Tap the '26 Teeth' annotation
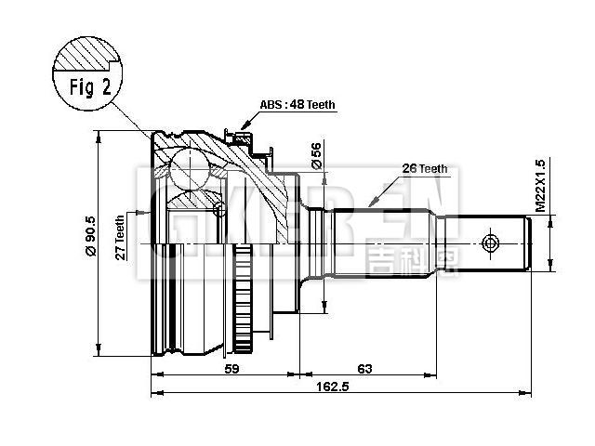click(425, 169)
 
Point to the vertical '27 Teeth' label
click(120, 240)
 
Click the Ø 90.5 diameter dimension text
click(90, 240)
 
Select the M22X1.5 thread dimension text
click(540, 185)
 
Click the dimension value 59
click(233, 369)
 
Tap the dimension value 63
click(364, 369)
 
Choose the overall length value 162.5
click(332, 387)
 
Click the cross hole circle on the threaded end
click(492, 244)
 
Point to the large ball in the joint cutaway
click(192, 170)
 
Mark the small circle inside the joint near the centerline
click(219, 209)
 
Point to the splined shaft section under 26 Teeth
click(381, 243)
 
